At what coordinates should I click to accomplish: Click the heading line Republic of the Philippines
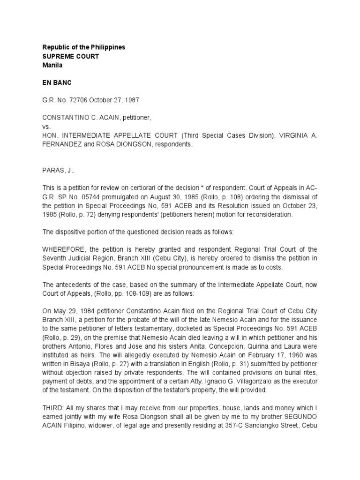pos(83,47)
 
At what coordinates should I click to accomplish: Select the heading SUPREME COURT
pos(71,56)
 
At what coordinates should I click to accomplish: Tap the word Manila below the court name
pos(52,65)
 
